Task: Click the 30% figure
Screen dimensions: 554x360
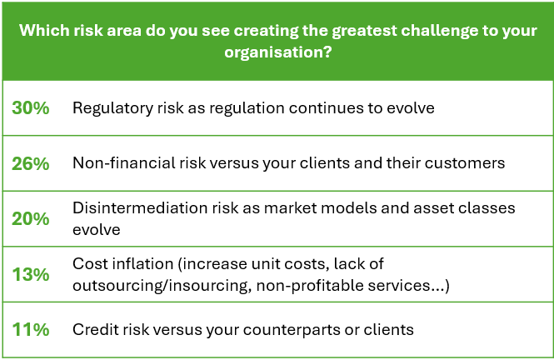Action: click(31, 107)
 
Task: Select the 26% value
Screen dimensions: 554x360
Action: click(31, 163)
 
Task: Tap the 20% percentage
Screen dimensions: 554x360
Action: click(31, 218)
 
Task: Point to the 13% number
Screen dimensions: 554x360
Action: click(31, 274)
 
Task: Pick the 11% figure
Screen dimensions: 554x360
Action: click(31, 330)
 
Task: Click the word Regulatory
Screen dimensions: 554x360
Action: click(112, 108)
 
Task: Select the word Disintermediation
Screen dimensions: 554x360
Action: click(140, 208)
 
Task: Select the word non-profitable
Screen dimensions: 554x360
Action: click(310, 286)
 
